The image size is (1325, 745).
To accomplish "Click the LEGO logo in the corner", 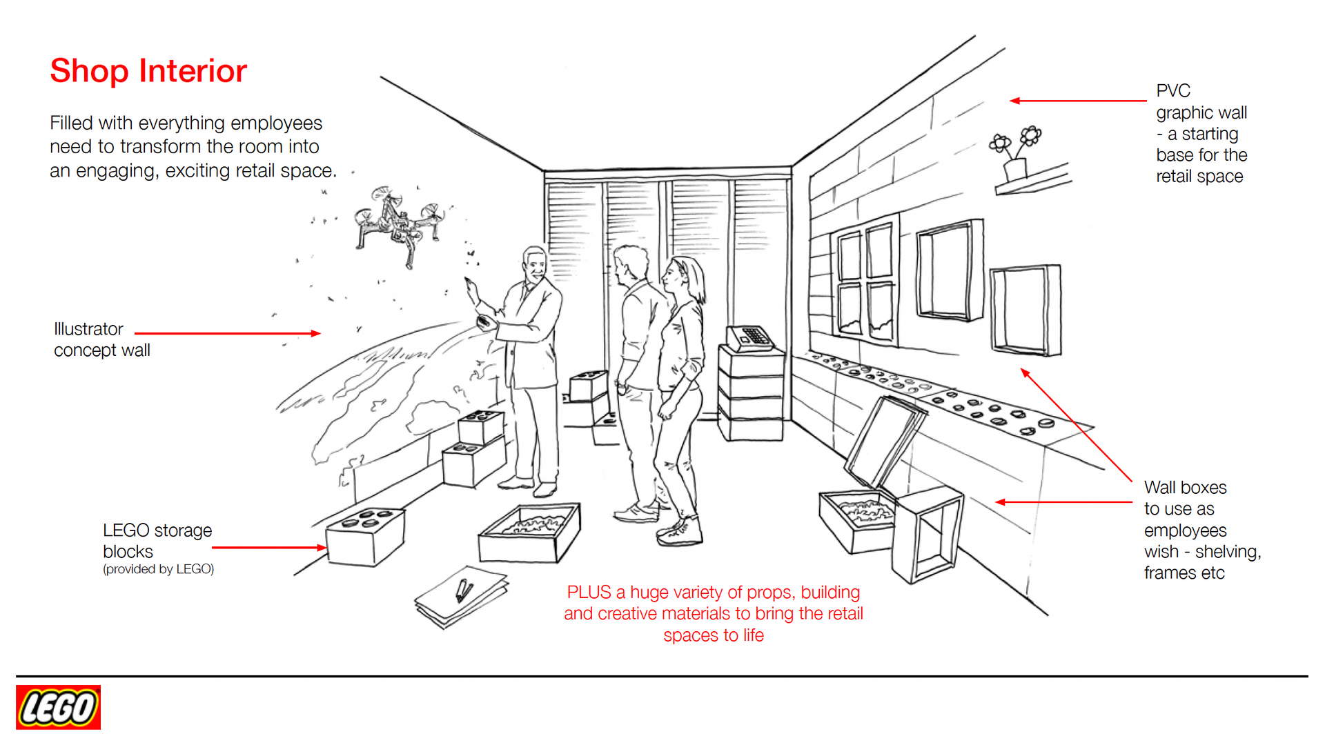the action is click(58, 707).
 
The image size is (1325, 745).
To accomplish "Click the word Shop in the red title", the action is click(89, 72).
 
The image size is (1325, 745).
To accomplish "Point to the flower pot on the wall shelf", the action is click(1015, 168).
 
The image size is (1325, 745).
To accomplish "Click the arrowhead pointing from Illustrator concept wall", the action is click(316, 334).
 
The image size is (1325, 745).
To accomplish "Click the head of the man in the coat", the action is click(533, 263).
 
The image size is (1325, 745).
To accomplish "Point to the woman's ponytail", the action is click(699, 283).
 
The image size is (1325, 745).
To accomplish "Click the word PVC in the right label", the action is click(1173, 91).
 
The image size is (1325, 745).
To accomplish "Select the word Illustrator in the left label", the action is click(88, 329).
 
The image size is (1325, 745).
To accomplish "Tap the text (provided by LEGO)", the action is click(158, 569).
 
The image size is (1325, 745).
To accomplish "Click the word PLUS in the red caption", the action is click(589, 593).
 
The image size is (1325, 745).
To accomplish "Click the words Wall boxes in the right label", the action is click(1185, 488).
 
